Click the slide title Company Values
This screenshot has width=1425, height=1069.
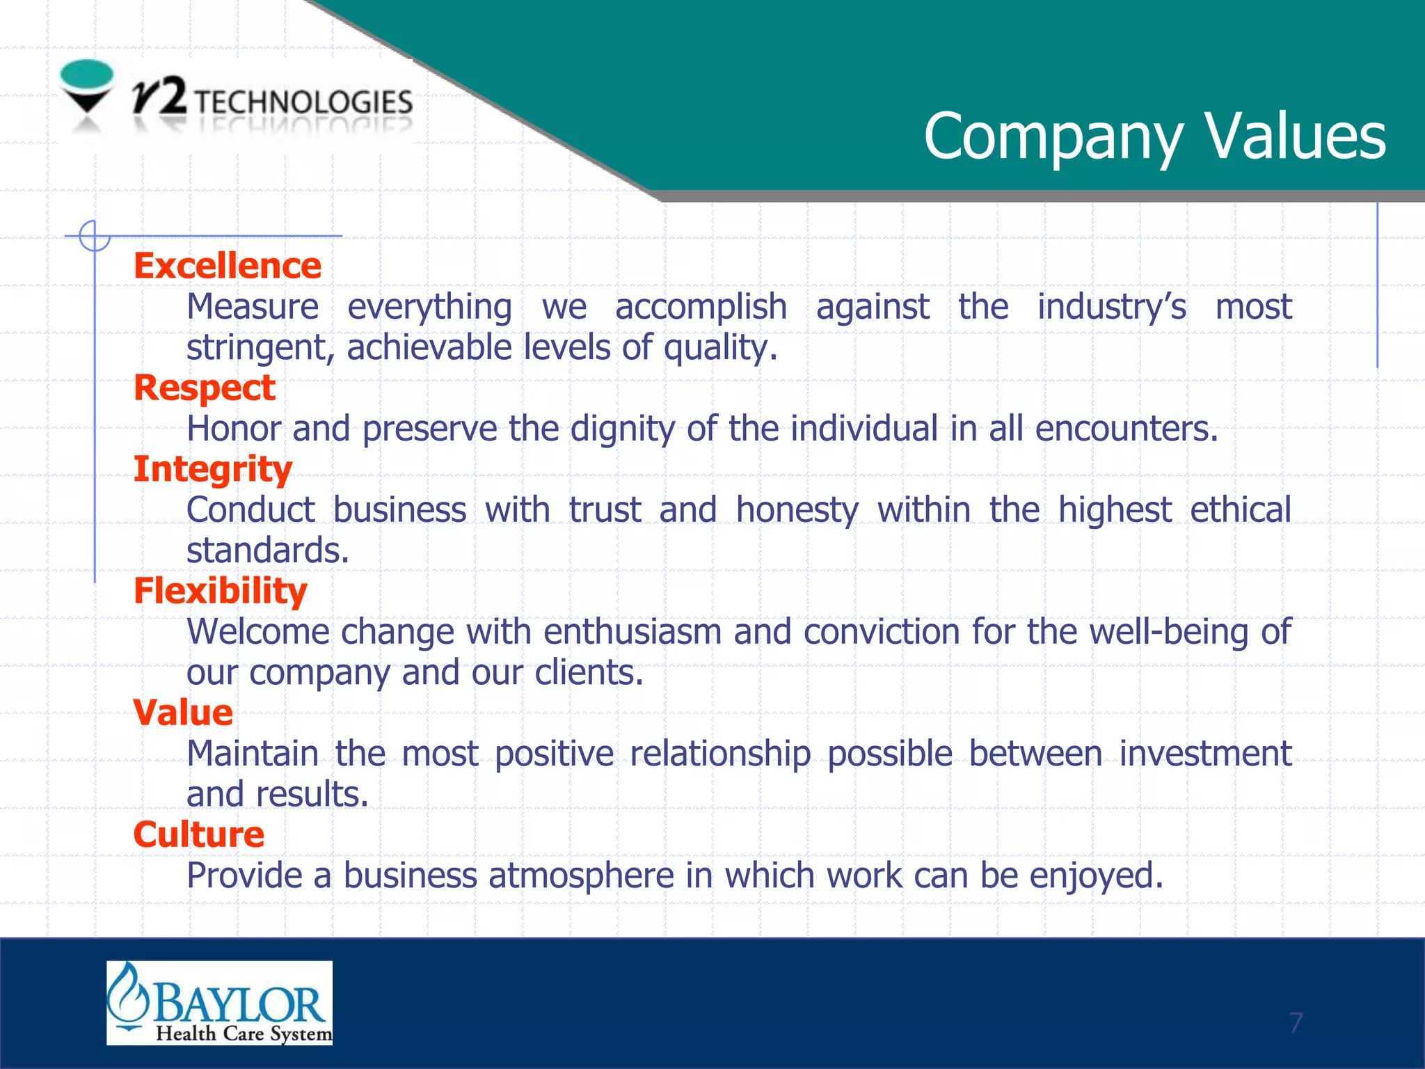click(1154, 136)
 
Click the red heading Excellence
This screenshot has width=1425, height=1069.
click(228, 266)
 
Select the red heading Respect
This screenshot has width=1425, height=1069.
click(205, 388)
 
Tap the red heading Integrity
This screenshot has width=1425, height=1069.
click(213, 470)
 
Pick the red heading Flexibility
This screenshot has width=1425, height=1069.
click(221, 592)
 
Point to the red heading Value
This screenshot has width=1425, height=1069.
click(183, 713)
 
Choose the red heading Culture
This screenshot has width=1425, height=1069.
click(199, 834)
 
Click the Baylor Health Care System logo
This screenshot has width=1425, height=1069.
click(219, 1003)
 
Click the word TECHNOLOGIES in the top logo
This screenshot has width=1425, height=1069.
click(303, 102)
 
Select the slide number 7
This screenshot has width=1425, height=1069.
click(1295, 1022)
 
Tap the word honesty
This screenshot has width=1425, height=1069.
click(797, 511)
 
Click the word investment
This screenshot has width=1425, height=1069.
click(1205, 754)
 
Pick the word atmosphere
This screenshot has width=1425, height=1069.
click(581, 876)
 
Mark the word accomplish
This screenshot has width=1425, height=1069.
click(701, 307)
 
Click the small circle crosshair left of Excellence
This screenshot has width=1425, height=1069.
click(95, 235)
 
